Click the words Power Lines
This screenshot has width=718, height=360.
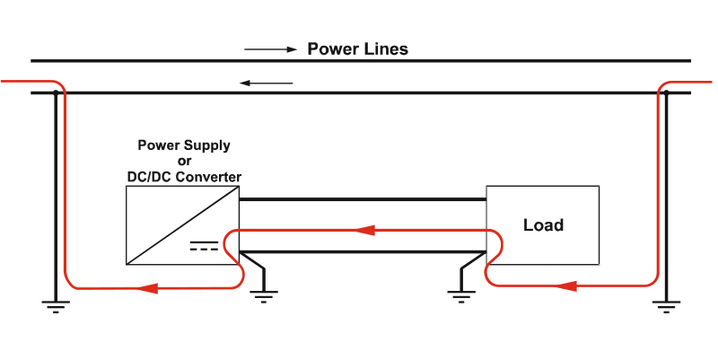click(x=357, y=49)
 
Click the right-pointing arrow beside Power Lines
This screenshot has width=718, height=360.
click(x=271, y=49)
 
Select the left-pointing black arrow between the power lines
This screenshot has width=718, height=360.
click(x=266, y=83)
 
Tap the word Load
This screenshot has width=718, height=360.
click(x=543, y=224)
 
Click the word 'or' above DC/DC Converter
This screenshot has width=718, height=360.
click(x=184, y=162)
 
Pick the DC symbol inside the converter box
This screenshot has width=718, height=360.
click(x=204, y=245)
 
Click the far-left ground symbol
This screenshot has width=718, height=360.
click(x=56, y=306)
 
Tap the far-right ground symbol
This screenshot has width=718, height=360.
click(x=666, y=306)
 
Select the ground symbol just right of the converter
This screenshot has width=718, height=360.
click(x=264, y=296)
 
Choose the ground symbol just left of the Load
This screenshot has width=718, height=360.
click(x=461, y=296)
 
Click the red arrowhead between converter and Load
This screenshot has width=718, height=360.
click(x=365, y=230)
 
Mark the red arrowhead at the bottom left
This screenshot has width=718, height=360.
click(x=147, y=288)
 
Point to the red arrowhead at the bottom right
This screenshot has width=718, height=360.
click(x=566, y=286)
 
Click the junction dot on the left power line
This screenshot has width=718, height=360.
click(x=56, y=93)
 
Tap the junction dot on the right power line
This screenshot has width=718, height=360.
click(x=666, y=93)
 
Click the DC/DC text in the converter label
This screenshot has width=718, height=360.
click(x=150, y=177)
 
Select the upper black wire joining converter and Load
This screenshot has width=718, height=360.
click(x=363, y=199)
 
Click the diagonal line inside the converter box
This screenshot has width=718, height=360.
click(x=183, y=225)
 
